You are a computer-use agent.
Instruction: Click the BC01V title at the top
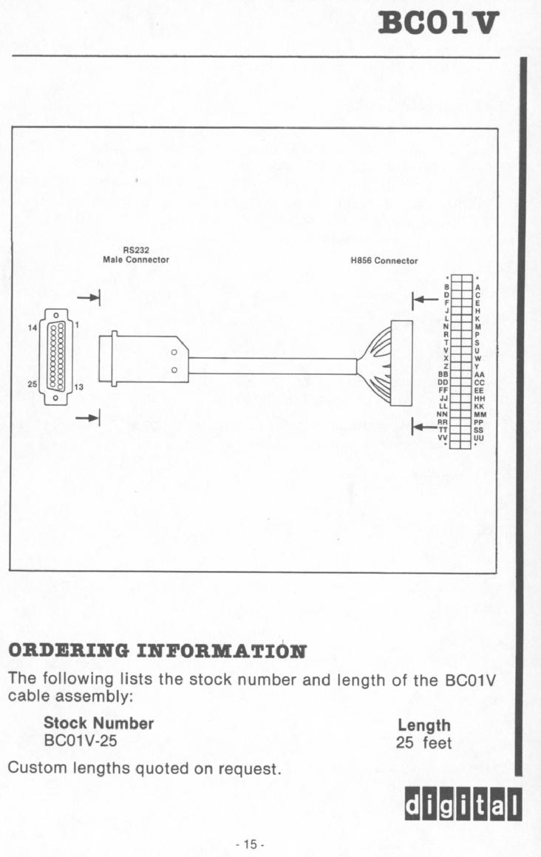coord(438,22)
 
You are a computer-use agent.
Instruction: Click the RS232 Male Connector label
coord(136,255)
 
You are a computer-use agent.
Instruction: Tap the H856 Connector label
coord(384,261)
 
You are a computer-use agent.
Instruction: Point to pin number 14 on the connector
coord(33,328)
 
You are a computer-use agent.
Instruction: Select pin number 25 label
coord(33,384)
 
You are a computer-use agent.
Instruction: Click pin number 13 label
coord(78,387)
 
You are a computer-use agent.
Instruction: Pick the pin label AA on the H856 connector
coord(479,375)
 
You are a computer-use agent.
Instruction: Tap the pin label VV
coord(443,438)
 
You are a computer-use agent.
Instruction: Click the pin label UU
coord(479,438)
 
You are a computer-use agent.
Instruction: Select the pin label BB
coord(443,374)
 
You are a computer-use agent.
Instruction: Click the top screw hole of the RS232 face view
coord(55,315)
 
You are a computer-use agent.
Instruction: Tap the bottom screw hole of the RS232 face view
coord(55,398)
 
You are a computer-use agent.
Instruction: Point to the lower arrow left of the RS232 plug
coord(89,418)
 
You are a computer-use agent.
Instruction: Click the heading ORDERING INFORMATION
coord(157,651)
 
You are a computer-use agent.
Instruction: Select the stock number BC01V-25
coord(81,741)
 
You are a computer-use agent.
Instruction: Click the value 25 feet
coord(424,743)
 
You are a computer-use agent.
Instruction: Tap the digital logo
coord(463,805)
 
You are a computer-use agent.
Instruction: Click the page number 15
coord(250,844)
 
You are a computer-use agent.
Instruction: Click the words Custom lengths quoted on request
coord(145,768)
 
